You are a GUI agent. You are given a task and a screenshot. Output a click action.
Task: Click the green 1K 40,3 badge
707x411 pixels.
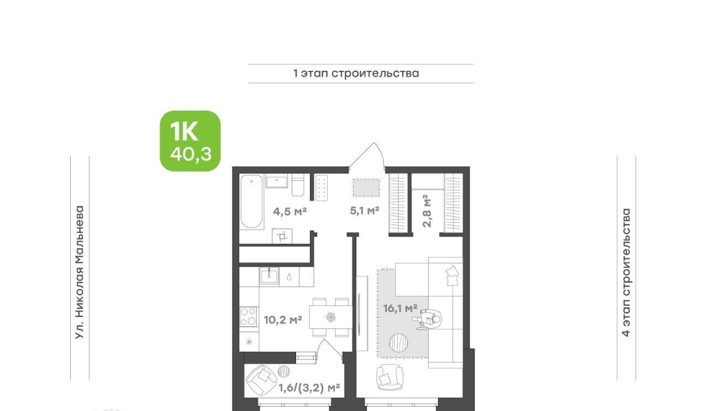(x=190, y=141)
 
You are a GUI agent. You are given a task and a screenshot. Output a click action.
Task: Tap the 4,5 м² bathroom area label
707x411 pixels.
(x=290, y=211)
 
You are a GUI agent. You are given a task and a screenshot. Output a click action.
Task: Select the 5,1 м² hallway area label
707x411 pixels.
(x=365, y=210)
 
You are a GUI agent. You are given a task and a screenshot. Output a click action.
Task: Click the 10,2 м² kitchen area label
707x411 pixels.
(x=283, y=320)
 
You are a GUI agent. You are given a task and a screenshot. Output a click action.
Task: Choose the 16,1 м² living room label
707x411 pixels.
(x=400, y=308)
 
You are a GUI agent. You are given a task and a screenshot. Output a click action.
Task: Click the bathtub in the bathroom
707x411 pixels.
(x=251, y=201)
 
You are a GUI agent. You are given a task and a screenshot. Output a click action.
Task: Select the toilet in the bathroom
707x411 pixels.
(x=298, y=185)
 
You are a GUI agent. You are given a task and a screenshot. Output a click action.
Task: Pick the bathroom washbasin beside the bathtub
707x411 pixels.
(x=277, y=181)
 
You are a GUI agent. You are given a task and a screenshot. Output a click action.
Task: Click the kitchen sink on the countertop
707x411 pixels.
(x=269, y=275)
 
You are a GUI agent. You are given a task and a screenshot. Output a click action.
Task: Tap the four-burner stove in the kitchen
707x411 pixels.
(x=249, y=316)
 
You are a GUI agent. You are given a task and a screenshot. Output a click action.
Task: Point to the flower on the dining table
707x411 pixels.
(x=330, y=317)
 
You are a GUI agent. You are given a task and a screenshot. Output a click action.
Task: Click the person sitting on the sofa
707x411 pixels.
(x=428, y=319)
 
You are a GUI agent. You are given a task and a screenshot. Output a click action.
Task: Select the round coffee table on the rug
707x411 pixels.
(x=398, y=342)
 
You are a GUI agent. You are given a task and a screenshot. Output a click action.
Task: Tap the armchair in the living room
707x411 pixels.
(x=389, y=377)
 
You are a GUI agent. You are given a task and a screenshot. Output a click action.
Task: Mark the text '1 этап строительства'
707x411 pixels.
(x=356, y=74)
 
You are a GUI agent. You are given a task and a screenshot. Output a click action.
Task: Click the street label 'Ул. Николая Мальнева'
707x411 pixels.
(x=80, y=273)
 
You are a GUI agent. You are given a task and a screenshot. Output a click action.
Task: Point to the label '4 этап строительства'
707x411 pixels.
(x=626, y=273)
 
